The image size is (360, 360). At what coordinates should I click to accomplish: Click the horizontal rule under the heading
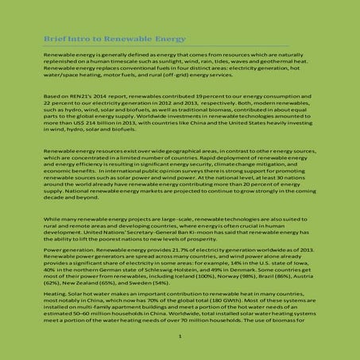coord(180,45)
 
